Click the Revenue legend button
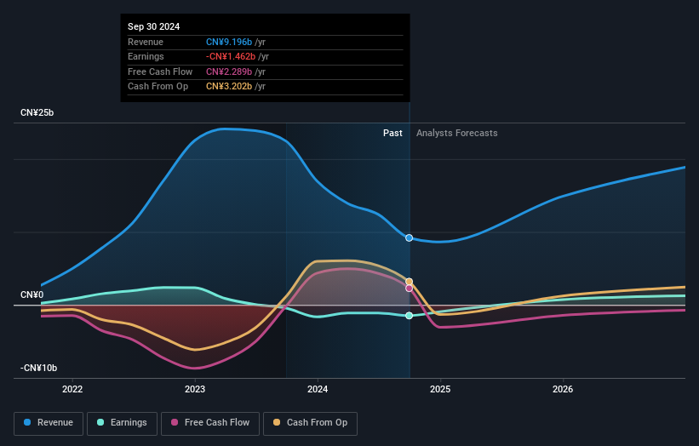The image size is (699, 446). coord(49,422)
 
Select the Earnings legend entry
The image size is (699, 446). coord(122,422)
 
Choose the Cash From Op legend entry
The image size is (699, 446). coord(311,422)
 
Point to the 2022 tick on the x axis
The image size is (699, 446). coord(72,390)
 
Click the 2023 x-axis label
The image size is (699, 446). coord(195,390)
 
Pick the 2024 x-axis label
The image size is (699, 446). coord(318,390)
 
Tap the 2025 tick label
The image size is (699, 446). coord(440,390)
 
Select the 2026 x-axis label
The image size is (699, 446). coord(563,390)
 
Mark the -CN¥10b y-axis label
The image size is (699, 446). coord(38,368)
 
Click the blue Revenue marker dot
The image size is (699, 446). coord(410,238)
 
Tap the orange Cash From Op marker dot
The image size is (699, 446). coord(410,282)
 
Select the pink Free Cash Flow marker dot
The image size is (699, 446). coord(410,289)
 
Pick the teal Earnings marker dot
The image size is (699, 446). coord(410,316)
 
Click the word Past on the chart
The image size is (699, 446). coord(392,133)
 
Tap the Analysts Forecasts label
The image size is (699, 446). coord(456,133)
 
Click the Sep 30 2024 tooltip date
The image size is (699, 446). coord(154,27)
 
